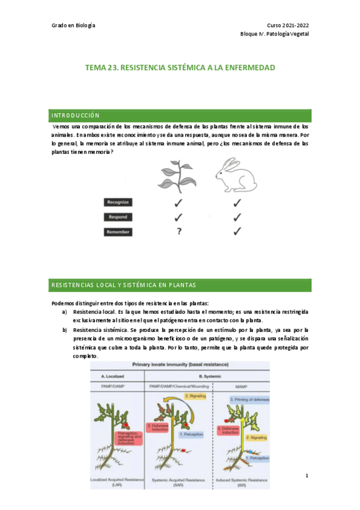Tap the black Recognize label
pos(118,203)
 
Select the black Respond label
pos(118,217)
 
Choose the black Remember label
pos(118,232)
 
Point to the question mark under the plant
pos(179,232)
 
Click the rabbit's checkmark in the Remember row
pos(237,231)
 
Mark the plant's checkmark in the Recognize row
pos(178,203)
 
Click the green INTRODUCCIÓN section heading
pos(75,115)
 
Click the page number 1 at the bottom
pos(307,476)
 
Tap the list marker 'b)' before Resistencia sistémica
pos(65,330)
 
